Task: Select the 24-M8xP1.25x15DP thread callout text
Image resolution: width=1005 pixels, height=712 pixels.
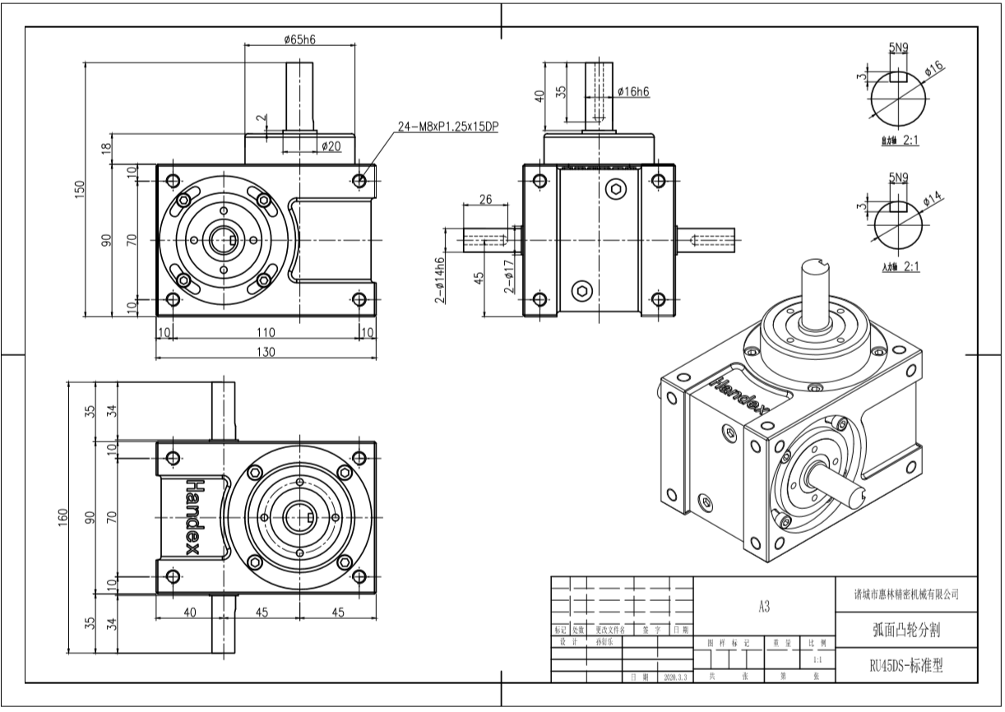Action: pyautogui.click(x=448, y=127)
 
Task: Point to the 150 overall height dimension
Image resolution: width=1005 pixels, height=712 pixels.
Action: pyautogui.click(x=80, y=188)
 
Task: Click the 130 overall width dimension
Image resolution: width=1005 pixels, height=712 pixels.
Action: pyautogui.click(x=265, y=351)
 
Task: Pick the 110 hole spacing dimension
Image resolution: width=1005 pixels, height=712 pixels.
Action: pyautogui.click(x=265, y=332)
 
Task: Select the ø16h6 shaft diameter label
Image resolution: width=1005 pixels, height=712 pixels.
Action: pyautogui.click(x=632, y=92)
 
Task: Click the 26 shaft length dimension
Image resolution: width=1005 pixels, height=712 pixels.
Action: pyautogui.click(x=485, y=199)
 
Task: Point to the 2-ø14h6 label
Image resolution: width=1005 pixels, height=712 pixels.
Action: pyautogui.click(x=440, y=280)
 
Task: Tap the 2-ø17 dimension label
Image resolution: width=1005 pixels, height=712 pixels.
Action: pyautogui.click(x=509, y=277)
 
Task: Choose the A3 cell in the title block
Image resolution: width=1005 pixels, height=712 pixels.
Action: pyautogui.click(x=764, y=607)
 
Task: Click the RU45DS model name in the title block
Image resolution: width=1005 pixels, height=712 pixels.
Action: pyautogui.click(x=905, y=665)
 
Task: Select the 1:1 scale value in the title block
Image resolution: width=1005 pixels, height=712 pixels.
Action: pyautogui.click(x=816, y=659)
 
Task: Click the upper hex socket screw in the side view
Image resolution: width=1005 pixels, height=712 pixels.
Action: pyautogui.click(x=619, y=190)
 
